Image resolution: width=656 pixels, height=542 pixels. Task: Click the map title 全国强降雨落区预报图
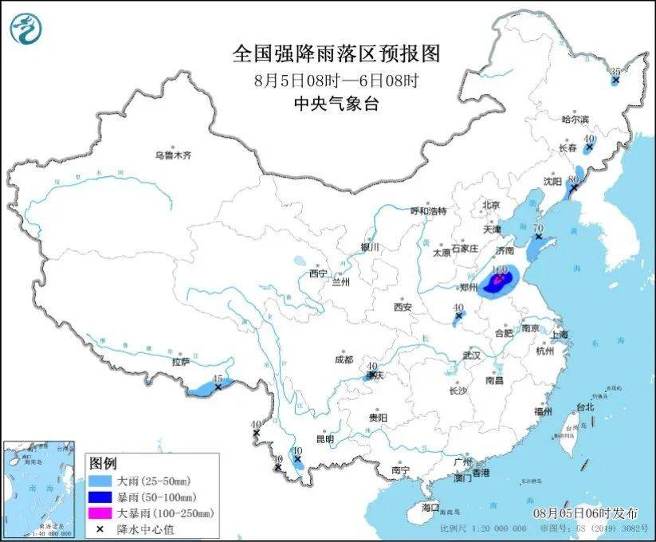336,53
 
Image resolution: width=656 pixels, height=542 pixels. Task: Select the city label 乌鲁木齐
173,155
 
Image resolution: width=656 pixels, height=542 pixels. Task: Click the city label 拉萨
180,361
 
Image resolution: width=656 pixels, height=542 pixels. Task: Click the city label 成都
344,359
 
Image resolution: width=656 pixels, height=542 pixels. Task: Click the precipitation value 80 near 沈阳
572,180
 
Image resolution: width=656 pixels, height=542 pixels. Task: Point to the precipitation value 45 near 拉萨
217,378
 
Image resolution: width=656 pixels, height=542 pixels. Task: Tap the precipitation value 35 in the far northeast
615,72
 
